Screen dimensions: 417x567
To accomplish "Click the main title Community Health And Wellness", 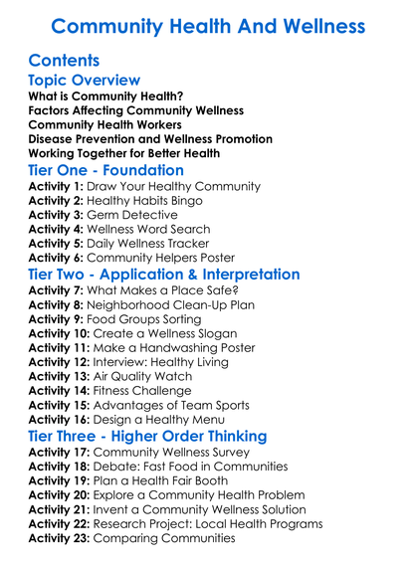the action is pos(208,24).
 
